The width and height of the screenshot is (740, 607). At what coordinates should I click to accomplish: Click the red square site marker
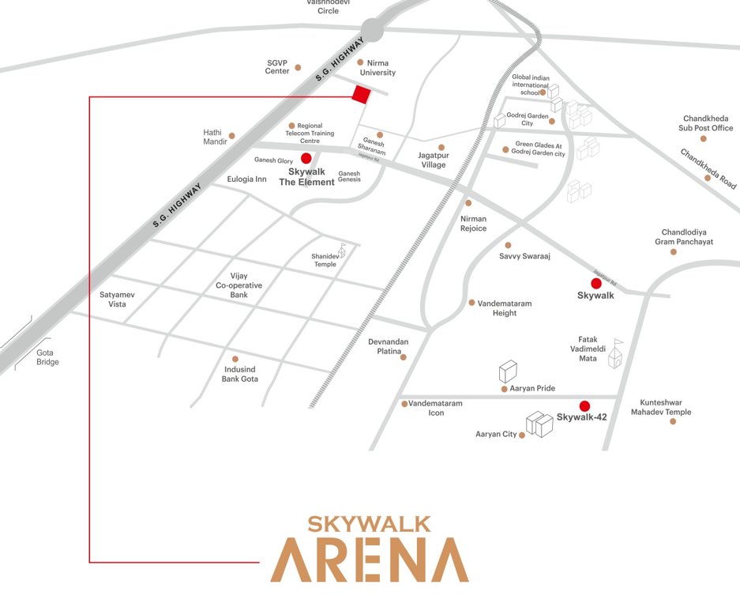click(x=361, y=94)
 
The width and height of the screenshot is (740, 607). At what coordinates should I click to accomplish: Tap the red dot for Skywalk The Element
click(x=306, y=159)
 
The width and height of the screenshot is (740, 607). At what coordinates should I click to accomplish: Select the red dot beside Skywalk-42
click(x=584, y=406)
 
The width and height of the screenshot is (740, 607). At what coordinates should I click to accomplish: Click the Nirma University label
click(x=377, y=68)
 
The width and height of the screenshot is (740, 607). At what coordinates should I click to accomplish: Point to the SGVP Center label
click(x=277, y=66)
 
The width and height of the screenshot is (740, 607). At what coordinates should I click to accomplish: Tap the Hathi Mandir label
click(x=215, y=137)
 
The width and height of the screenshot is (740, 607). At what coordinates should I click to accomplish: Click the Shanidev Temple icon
click(x=342, y=248)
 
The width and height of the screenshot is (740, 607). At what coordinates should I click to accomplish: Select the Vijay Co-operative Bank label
click(x=239, y=285)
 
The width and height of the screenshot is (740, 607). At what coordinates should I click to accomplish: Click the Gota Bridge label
click(x=47, y=357)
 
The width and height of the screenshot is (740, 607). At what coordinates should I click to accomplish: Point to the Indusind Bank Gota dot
click(x=235, y=359)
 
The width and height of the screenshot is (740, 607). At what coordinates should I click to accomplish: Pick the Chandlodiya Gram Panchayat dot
click(x=673, y=252)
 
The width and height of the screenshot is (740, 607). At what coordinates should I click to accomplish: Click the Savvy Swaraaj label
click(x=524, y=257)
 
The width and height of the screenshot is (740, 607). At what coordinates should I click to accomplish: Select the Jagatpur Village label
click(x=434, y=160)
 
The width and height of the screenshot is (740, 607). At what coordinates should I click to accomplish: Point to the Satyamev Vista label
click(x=118, y=299)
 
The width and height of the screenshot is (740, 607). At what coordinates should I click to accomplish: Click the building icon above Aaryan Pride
click(x=508, y=371)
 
